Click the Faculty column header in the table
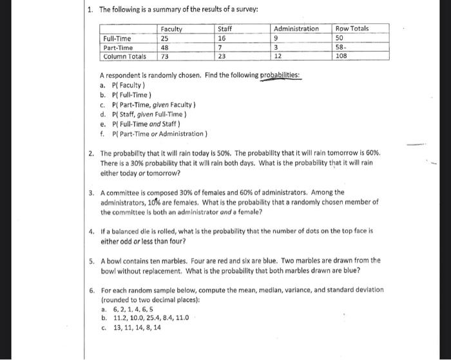click(x=171, y=29)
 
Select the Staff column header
click(x=225, y=29)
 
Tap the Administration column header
click(x=296, y=29)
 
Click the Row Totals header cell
click(x=352, y=29)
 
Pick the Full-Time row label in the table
click(x=117, y=38)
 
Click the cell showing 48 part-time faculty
click(x=166, y=47)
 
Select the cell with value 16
click(x=223, y=38)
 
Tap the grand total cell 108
click(x=343, y=56)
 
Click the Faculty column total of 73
click(x=166, y=56)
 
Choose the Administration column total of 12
click(x=278, y=56)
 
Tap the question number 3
click(x=91, y=192)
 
